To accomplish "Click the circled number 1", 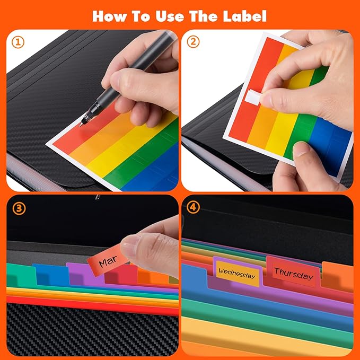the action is tap(17, 42).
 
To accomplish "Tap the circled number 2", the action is tap(193, 42).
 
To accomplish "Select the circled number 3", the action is tap(19, 208).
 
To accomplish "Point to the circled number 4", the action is tap(193, 207).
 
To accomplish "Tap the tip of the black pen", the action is tap(80, 125).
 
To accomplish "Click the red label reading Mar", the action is tap(108, 260).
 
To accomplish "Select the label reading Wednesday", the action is tap(238, 274).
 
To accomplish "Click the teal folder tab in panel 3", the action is tap(21, 276).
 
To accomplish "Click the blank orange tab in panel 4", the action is tap(337, 276).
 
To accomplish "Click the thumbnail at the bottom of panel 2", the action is tap(301, 150).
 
